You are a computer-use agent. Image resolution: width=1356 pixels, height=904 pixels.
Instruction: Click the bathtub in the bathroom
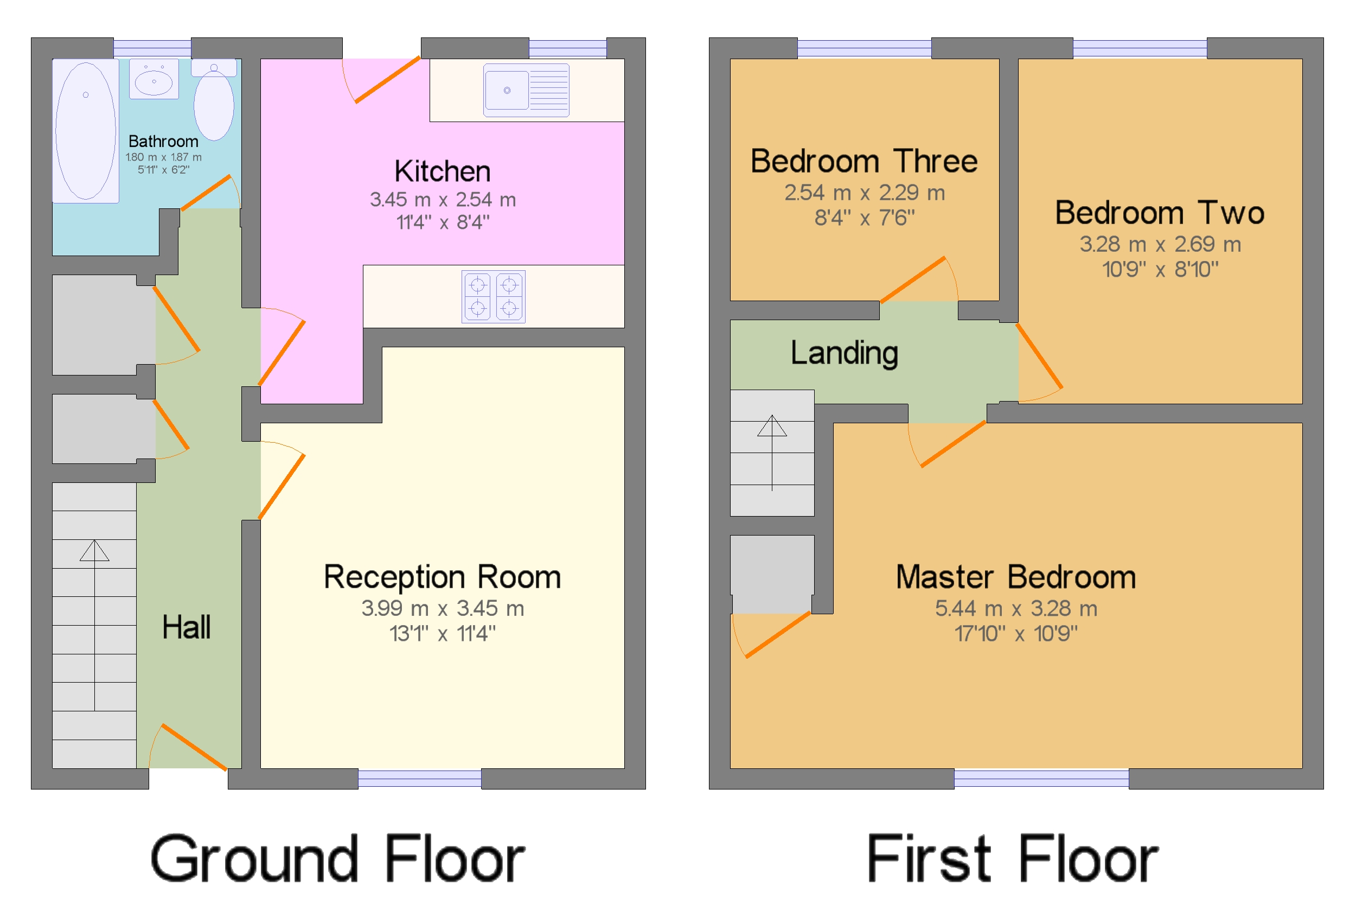coord(85,131)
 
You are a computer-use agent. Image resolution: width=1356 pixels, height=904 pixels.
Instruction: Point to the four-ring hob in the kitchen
coord(493,296)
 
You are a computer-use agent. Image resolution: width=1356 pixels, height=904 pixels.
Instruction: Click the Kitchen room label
coord(442,172)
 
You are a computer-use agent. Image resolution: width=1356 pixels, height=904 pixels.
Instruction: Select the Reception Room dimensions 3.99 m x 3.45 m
coord(442,608)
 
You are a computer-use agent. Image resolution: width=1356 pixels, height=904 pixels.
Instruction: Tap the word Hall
coord(186,627)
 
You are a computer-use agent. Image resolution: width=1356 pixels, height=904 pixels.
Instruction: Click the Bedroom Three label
coord(864,162)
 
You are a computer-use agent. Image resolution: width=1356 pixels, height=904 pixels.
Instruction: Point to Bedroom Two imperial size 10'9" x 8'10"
coord(1160,269)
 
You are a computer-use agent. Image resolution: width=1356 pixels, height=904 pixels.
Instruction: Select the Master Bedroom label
coord(1015,577)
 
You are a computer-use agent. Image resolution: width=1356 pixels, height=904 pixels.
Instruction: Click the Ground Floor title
coord(337,859)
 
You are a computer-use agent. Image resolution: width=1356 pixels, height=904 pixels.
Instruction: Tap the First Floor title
coord(1012,859)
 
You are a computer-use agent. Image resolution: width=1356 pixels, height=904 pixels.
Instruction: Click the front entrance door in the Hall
coord(193,747)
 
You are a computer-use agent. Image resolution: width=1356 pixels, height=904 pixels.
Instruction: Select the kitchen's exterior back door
coord(386,80)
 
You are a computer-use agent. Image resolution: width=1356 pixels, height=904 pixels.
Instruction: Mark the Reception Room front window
coord(419,778)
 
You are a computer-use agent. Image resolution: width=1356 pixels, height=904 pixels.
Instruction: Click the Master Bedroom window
coord(1041,778)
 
